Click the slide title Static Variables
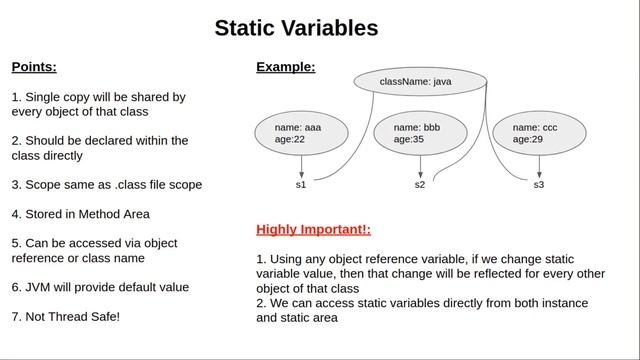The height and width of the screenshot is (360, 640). pyautogui.click(x=296, y=28)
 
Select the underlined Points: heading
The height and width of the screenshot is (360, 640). pyautogui.click(x=34, y=67)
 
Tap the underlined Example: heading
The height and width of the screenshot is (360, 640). pyautogui.click(x=285, y=67)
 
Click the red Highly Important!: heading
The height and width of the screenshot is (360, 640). pyautogui.click(x=313, y=230)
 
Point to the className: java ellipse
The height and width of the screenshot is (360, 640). pyautogui.click(x=419, y=81)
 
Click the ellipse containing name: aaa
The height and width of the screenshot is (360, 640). pyautogui.click(x=301, y=133)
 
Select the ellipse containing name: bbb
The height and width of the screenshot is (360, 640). pyautogui.click(x=420, y=133)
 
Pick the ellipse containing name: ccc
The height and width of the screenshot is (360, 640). pyautogui.click(x=539, y=133)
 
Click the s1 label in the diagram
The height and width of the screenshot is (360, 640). pyautogui.click(x=301, y=185)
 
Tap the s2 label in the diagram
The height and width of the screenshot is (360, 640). pyautogui.click(x=420, y=185)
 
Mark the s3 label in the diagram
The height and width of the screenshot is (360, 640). pyautogui.click(x=539, y=185)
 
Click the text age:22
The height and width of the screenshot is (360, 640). pyautogui.click(x=289, y=140)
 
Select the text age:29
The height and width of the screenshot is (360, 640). pyautogui.click(x=527, y=140)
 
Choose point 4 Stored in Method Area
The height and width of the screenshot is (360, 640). pyautogui.click(x=80, y=214)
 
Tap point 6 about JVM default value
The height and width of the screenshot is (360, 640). pyautogui.click(x=100, y=287)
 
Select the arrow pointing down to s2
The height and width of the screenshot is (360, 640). pyautogui.click(x=420, y=165)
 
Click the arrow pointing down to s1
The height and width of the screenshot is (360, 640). pyautogui.click(x=301, y=165)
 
